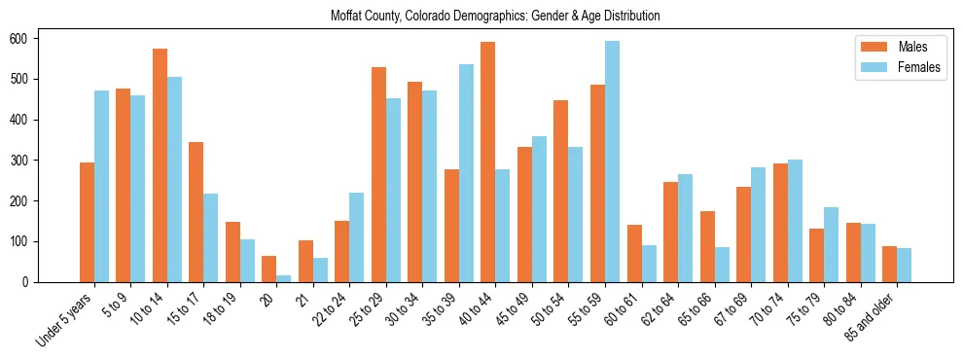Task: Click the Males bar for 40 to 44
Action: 488,162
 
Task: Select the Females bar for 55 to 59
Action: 612,162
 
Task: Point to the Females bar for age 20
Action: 284,278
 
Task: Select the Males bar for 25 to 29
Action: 378,174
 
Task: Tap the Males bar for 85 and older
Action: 889,264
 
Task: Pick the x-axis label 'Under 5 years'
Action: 65,318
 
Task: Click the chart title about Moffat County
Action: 495,16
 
